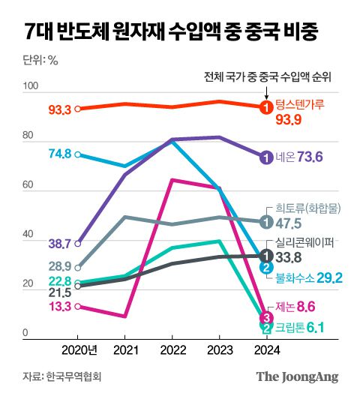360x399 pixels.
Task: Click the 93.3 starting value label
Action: (x=59, y=109)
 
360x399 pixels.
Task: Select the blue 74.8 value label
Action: (x=59, y=154)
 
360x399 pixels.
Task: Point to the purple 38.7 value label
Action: (x=59, y=244)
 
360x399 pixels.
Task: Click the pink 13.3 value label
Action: (x=59, y=306)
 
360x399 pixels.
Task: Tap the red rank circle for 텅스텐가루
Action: (x=265, y=107)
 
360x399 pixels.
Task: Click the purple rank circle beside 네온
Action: (x=265, y=157)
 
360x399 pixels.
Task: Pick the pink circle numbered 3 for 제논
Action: (x=265, y=317)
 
